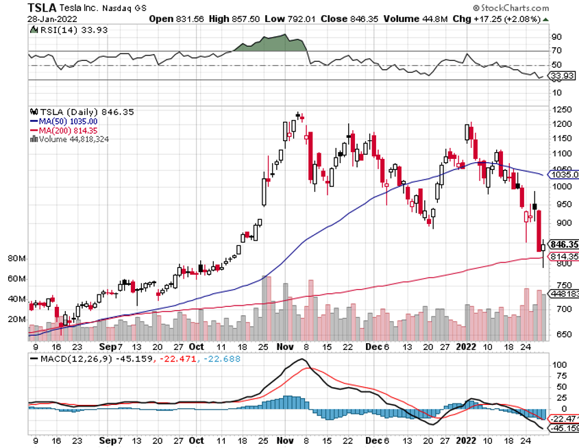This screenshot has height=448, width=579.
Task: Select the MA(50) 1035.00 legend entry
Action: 65,121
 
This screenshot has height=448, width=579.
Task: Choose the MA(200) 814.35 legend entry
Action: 65,129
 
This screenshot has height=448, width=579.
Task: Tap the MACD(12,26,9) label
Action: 65,358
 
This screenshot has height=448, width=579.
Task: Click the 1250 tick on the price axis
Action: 564,110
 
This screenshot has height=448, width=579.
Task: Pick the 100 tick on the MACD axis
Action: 561,365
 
